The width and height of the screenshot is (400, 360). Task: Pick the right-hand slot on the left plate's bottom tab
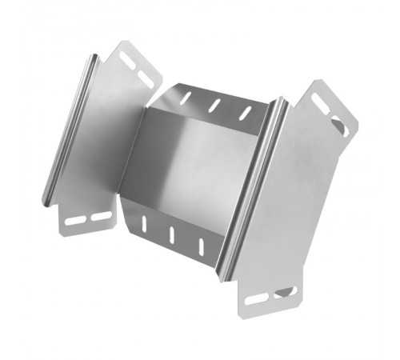[x=98, y=216]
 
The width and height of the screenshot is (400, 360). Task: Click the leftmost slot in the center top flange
[x=186, y=98]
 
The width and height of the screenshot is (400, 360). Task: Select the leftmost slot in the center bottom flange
[x=144, y=223]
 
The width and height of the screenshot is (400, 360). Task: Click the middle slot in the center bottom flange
[x=172, y=234]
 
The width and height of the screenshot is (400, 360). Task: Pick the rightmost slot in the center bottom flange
[x=201, y=242]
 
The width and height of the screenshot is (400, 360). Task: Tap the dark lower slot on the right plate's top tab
[x=339, y=126]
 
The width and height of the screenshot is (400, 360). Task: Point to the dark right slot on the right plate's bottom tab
[x=284, y=292]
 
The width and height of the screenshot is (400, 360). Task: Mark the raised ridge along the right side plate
[x=254, y=192]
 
